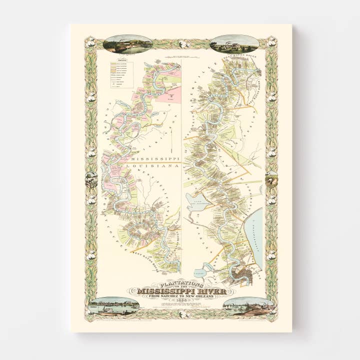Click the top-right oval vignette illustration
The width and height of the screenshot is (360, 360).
234,44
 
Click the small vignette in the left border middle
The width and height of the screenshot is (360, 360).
91,179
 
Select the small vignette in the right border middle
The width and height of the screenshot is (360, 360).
271,178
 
